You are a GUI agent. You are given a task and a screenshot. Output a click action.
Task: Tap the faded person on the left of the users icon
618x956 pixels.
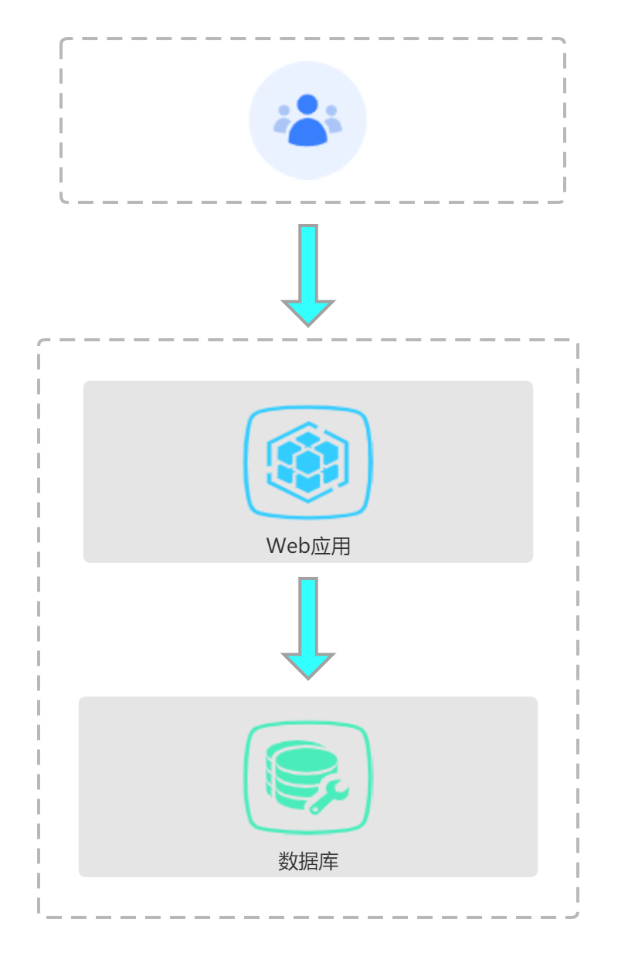[x=283, y=120]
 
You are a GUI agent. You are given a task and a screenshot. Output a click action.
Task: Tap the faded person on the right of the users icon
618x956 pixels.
[x=332, y=120]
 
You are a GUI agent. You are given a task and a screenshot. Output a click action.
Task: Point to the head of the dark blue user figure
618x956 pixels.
[x=307, y=104]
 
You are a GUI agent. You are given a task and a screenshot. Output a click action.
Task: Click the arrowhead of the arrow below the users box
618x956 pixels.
[x=308, y=310]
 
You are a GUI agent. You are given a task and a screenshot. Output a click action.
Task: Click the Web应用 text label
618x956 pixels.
[x=308, y=546]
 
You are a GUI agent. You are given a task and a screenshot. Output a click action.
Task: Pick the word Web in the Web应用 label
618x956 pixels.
[x=287, y=546]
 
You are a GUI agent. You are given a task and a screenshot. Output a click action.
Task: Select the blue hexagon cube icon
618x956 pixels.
[x=308, y=462]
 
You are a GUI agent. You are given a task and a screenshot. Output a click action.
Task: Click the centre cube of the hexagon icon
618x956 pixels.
[x=308, y=462]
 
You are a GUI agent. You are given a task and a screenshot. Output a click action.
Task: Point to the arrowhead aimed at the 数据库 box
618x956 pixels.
[x=308, y=664]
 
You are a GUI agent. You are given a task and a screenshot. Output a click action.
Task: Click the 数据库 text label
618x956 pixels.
[x=308, y=861]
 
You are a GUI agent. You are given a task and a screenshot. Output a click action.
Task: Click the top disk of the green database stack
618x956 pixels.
[x=301, y=754]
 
